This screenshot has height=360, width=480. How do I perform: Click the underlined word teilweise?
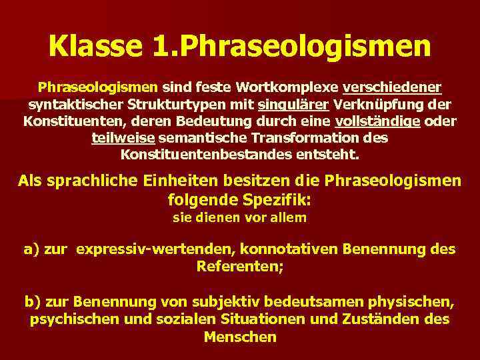click(x=123, y=139)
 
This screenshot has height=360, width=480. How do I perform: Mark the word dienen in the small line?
click(x=217, y=218)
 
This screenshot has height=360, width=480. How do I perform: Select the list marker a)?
click(x=31, y=250)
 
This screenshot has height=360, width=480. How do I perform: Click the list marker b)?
click(x=32, y=301)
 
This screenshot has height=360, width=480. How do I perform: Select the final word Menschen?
click(x=240, y=337)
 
